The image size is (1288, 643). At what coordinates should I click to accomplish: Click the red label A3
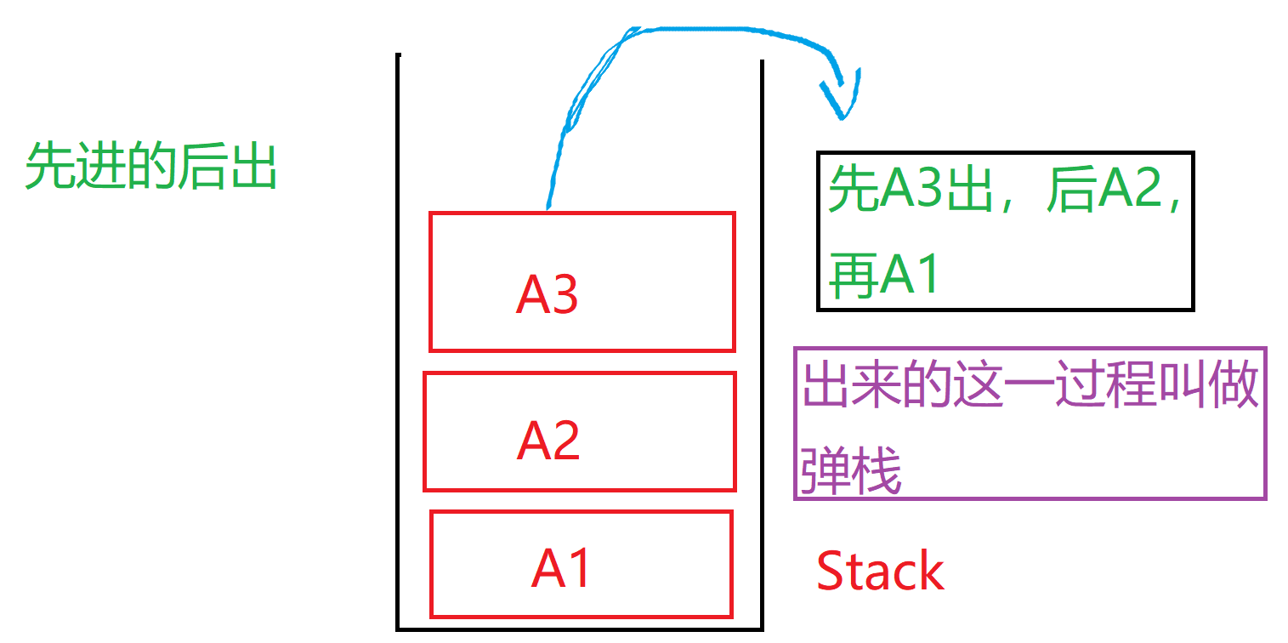[x=547, y=294]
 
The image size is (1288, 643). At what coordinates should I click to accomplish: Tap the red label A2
[x=548, y=441]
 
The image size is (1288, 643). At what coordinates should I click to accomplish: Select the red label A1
[x=561, y=567]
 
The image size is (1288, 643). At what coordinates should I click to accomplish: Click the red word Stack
[x=880, y=572]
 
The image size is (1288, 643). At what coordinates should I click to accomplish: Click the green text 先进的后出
[x=150, y=167]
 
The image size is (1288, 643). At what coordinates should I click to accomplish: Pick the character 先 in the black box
[x=854, y=188]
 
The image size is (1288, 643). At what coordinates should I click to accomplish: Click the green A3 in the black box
[x=912, y=188]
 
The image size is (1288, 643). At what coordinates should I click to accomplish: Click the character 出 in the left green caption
[x=253, y=167]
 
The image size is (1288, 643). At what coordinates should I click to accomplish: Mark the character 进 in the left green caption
[x=100, y=167]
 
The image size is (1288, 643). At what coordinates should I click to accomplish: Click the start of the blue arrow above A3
[x=547, y=207]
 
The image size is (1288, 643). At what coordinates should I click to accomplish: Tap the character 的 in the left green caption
[x=151, y=167]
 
